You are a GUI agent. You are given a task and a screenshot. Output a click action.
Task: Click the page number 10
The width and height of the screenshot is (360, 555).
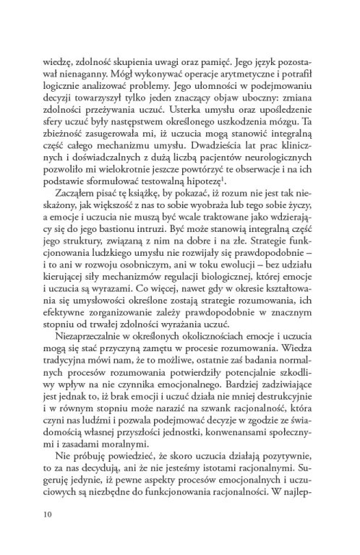click(48, 515)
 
